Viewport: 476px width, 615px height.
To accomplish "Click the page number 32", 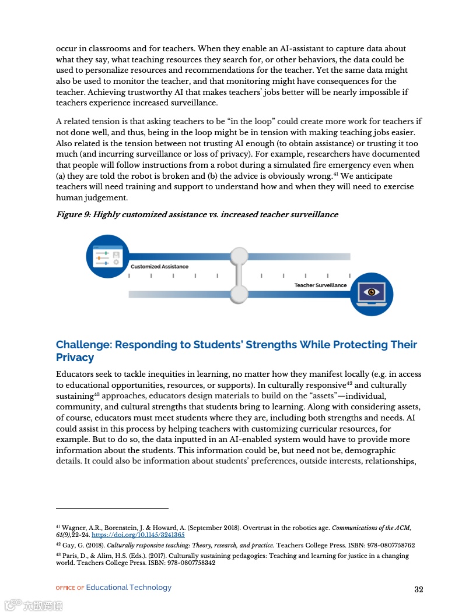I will pos(418,589).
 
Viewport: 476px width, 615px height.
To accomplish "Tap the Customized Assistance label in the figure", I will pos(159,266).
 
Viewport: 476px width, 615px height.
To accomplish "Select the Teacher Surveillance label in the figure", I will pos(320,285).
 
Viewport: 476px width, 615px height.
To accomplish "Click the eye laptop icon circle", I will pos(372,293).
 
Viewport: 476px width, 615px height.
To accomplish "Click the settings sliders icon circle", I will pos(107,256).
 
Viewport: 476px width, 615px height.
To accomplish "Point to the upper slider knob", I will pos(239,256).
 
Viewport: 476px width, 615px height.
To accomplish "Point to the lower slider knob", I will pos(239,294).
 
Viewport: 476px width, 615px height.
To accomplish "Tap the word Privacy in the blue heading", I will pos(75,358).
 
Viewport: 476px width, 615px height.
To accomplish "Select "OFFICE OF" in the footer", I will pos(69,588).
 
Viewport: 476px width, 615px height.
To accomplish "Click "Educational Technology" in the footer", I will pos(129,588).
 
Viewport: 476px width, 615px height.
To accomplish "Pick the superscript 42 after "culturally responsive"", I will pos(349,383).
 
